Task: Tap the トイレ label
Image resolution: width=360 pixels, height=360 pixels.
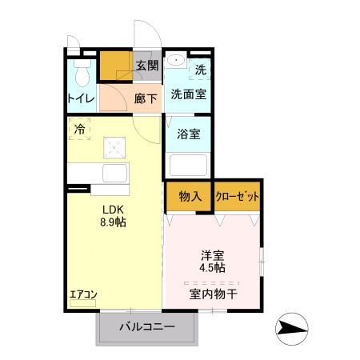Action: pyautogui.click(x=81, y=99)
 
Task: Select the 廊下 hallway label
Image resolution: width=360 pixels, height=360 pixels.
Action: pyautogui.click(x=146, y=98)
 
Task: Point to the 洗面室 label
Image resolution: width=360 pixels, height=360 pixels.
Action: pyautogui.click(x=188, y=94)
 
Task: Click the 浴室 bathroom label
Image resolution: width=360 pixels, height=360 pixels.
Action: pyautogui.click(x=189, y=134)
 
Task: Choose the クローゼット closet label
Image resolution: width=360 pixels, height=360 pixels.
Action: pyautogui.click(x=237, y=196)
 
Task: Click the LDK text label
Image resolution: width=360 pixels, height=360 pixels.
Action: pyautogui.click(x=111, y=210)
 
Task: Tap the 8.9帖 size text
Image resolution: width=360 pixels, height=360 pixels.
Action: pyautogui.click(x=112, y=223)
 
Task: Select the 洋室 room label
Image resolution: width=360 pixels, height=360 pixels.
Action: pyautogui.click(x=213, y=257)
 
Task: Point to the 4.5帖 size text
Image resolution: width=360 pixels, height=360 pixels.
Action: pyautogui.click(x=213, y=269)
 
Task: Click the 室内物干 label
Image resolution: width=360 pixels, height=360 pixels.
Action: pyautogui.click(x=213, y=294)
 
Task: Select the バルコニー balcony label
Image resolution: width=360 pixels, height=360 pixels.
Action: pyautogui.click(x=147, y=326)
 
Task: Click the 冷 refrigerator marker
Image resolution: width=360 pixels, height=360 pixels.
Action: pyautogui.click(x=79, y=127)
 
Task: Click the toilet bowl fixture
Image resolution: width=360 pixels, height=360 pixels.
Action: pyautogui.click(x=81, y=74)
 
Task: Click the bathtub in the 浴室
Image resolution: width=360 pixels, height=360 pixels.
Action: pyautogui.click(x=189, y=166)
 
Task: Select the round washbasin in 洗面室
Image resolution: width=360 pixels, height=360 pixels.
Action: pyautogui.click(x=175, y=61)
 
